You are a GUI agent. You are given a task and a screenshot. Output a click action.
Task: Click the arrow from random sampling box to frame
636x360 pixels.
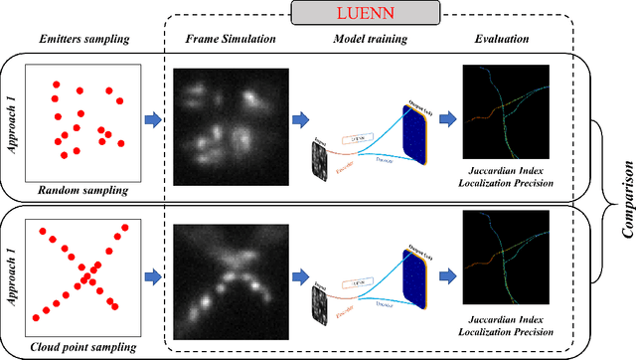point(153,120)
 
